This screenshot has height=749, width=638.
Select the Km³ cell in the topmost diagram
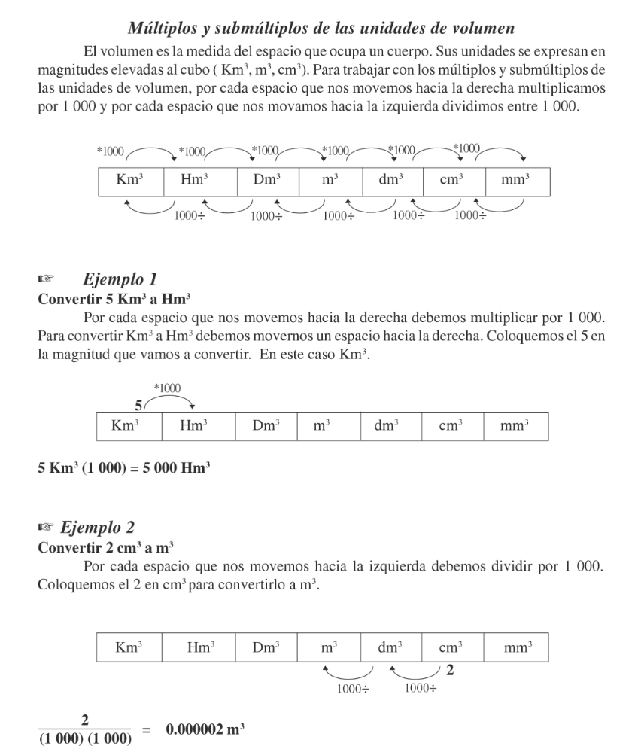131,182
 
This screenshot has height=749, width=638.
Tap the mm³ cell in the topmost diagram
518,182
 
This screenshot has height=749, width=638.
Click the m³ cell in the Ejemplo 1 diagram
322,426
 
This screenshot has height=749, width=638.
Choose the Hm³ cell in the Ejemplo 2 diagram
197,647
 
